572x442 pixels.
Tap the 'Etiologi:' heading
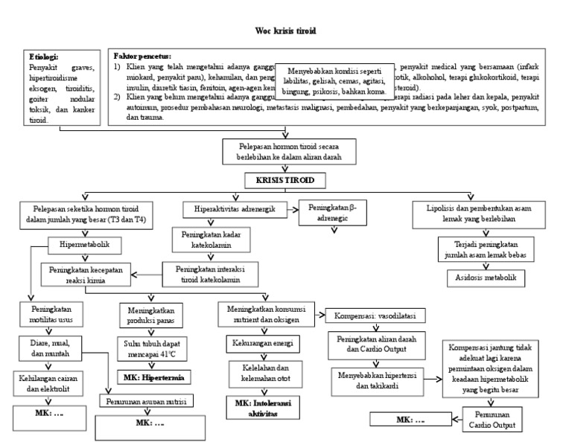[x=44, y=57]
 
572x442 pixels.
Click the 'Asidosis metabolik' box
[x=486, y=278]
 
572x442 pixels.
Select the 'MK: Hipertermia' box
[x=153, y=377]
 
